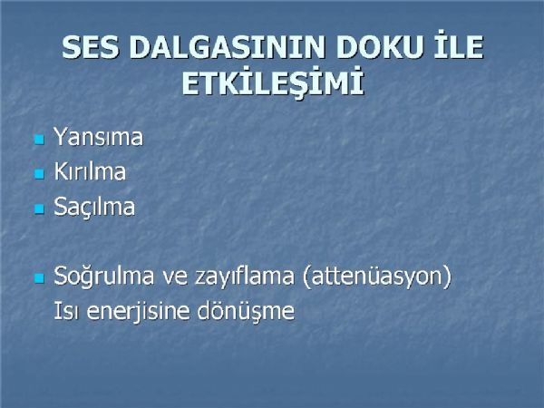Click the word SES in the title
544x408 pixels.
90,47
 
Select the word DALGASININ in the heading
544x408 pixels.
227,47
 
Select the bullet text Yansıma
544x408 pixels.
98,137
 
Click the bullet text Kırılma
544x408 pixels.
90,171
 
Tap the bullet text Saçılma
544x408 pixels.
94,207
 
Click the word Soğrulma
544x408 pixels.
103,277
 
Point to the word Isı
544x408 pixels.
66,310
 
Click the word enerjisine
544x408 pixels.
139,311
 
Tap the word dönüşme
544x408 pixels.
246,311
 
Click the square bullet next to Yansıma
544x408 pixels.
40,140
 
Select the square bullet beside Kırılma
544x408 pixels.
40,174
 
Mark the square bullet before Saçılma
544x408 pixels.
40,209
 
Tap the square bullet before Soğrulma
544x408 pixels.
40,278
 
